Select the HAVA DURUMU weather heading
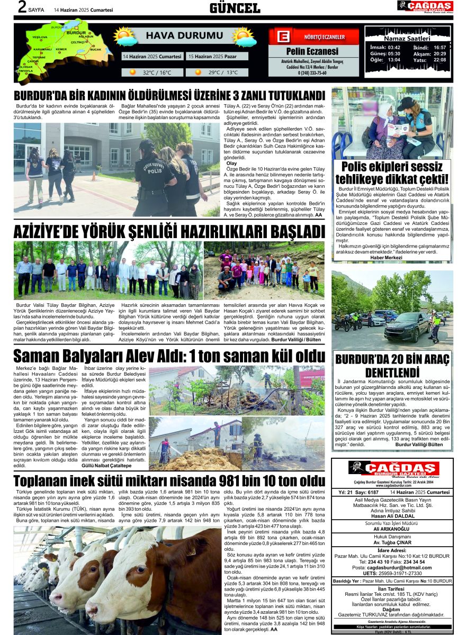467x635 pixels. point(177,36)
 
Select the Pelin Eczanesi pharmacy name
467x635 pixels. point(312,51)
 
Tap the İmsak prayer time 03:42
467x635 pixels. point(394,47)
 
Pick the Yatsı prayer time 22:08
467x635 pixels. point(439,60)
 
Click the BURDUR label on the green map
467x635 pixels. point(77,33)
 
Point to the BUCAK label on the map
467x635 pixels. point(95,49)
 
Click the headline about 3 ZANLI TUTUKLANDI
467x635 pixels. point(169,96)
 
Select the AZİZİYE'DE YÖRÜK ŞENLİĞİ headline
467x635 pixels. point(169,232)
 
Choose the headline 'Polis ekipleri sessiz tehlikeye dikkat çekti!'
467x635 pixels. point(392,173)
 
